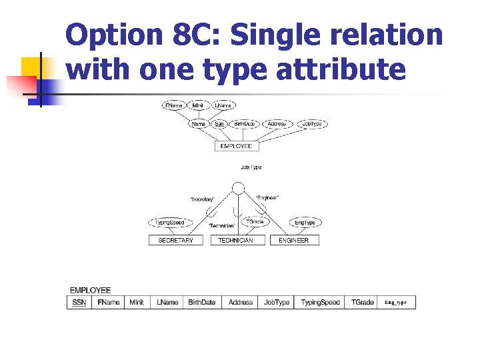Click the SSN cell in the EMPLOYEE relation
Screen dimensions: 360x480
79,303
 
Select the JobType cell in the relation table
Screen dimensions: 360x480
277,303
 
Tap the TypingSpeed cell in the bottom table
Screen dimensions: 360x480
320,303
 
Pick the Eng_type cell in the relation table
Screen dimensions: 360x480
395,303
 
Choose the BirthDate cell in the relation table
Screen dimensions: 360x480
201,303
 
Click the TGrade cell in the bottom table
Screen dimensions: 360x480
363,303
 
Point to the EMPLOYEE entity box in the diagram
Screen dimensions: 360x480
236,146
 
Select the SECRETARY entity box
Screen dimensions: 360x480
175,240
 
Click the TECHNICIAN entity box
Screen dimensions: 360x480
235,240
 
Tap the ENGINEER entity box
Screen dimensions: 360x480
294,240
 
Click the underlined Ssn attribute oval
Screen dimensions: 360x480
219,124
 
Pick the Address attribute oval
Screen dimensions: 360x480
275,124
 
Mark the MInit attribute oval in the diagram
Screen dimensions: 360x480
198,105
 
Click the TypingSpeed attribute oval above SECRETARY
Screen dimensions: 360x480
169,223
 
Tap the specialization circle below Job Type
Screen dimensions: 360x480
237,187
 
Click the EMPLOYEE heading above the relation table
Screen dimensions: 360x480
91,291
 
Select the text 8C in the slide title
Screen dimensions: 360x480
193,35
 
